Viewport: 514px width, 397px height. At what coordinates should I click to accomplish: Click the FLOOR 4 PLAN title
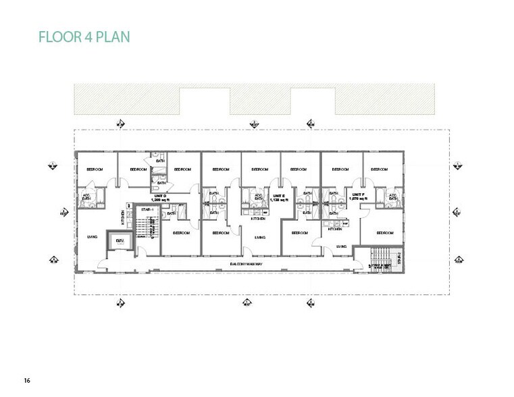(x=84, y=36)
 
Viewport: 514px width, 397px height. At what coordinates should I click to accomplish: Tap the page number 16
(x=27, y=380)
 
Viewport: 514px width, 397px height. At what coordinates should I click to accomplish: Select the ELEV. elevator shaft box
(x=120, y=242)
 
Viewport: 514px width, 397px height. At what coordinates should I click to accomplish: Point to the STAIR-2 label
(x=399, y=258)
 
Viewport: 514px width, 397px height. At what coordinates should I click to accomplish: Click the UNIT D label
(x=159, y=196)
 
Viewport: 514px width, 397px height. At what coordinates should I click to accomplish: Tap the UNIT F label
(x=358, y=196)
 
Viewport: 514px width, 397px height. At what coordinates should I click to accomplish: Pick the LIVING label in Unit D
(x=93, y=237)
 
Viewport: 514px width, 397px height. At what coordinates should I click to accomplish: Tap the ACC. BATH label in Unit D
(x=87, y=197)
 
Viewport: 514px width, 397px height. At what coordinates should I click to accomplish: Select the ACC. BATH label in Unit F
(x=393, y=197)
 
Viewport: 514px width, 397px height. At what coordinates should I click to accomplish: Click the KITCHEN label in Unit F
(x=335, y=230)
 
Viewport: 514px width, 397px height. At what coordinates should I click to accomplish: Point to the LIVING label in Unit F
(x=341, y=246)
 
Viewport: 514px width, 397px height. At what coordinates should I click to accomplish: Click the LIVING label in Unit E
(x=259, y=237)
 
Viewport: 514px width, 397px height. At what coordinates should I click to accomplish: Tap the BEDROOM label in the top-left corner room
(x=94, y=169)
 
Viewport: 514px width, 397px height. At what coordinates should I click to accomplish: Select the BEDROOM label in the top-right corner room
(x=378, y=169)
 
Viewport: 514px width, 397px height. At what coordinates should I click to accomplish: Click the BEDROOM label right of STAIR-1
(x=181, y=233)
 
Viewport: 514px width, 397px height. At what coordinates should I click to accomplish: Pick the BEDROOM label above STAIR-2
(x=384, y=233)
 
